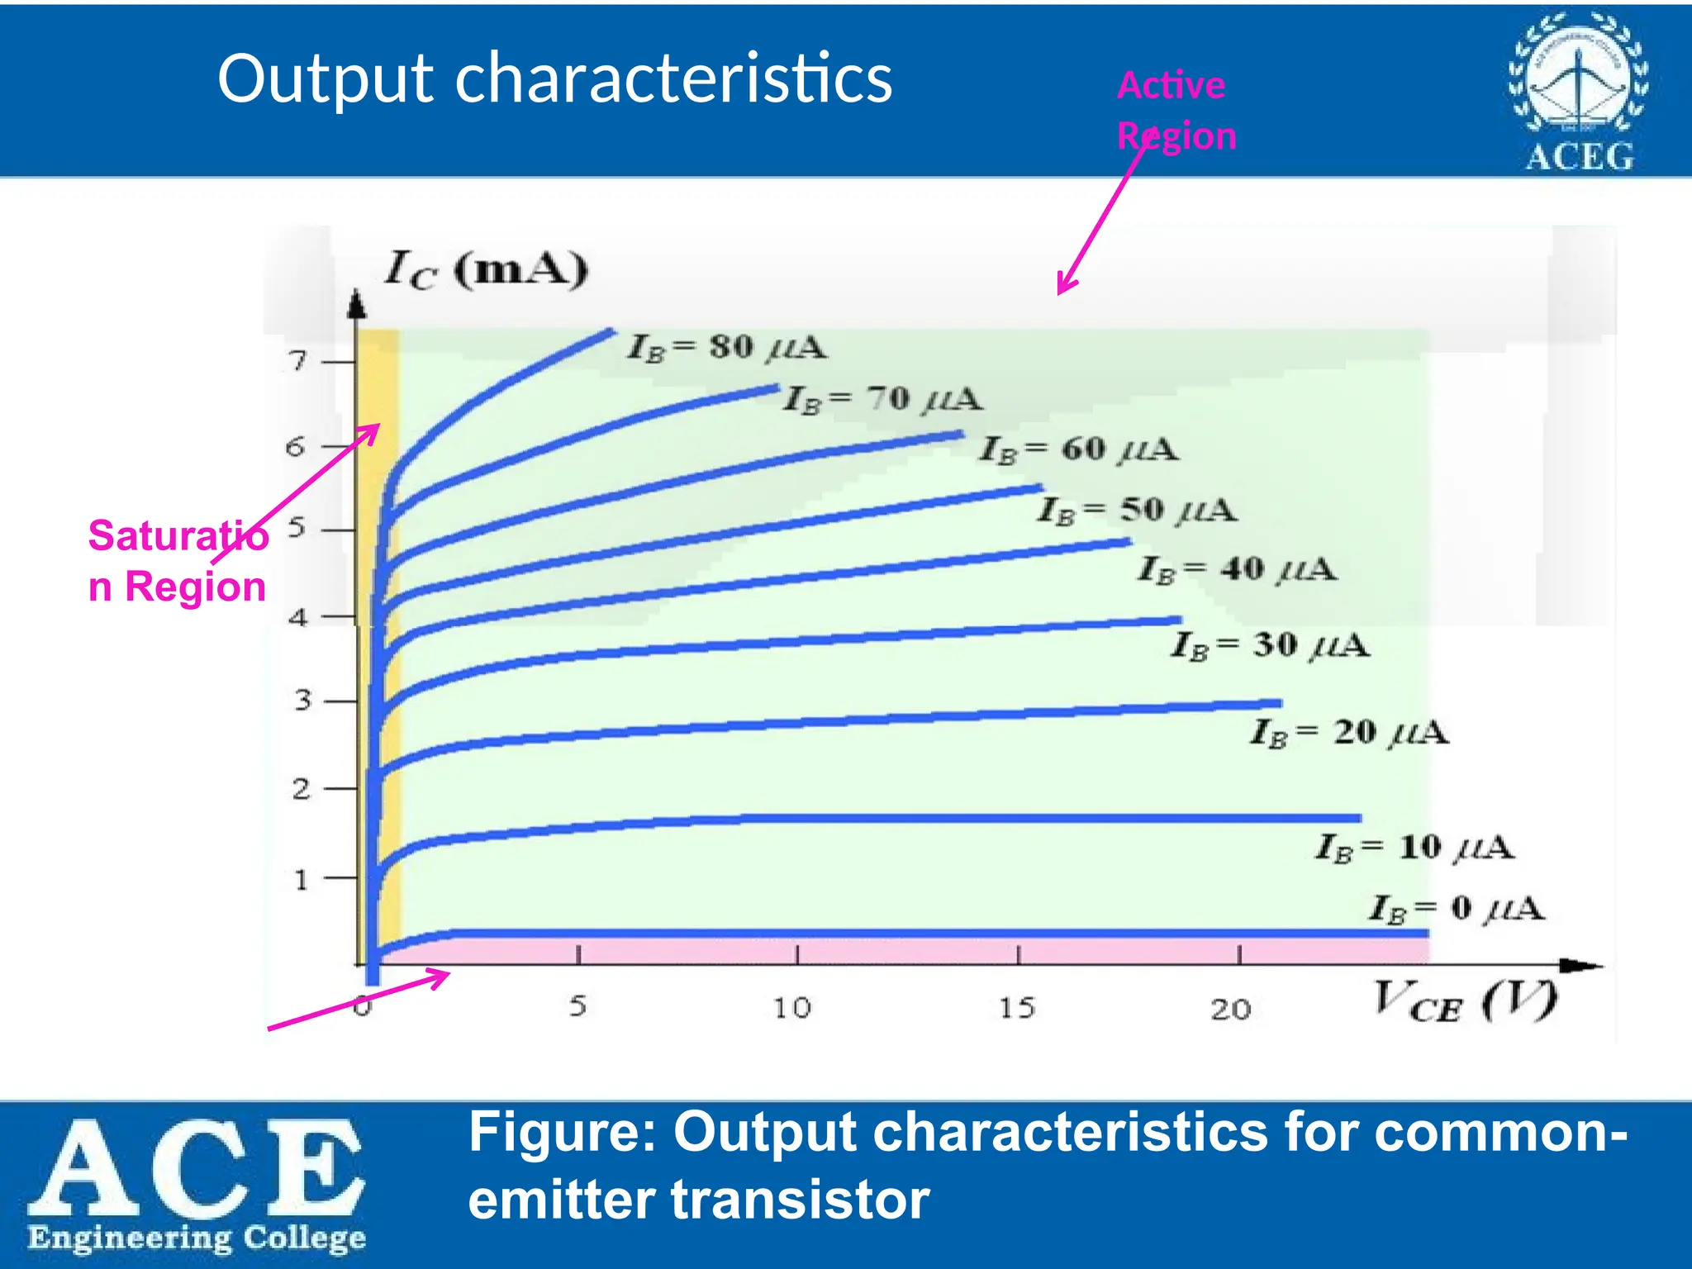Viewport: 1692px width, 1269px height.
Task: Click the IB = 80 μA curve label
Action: tap(727, 347)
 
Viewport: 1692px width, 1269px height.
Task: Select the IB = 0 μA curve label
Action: tap(1457, 909)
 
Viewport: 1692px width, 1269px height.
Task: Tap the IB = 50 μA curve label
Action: tap(1138, 511)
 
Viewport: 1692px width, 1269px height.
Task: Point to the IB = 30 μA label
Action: tap(1270, 645)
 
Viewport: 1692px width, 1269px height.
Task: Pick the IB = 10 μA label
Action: tap(1414, 848)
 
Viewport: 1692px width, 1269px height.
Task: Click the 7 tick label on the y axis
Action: tap(297, 361)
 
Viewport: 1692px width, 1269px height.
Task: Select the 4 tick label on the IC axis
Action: tap(298, 617)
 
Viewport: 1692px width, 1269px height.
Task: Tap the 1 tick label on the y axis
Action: tap(301, 879)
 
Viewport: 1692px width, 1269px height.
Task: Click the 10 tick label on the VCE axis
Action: tap(791, 1008)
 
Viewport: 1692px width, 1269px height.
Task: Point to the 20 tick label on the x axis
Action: tap(1231, 1009)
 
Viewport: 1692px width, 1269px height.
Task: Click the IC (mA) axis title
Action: tap(487, 269)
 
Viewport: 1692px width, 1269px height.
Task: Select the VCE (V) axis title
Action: tap(1464, 1001)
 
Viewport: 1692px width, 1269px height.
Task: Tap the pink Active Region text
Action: tap(1176, 111)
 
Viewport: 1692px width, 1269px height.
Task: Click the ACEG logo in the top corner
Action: tap(1578, 92)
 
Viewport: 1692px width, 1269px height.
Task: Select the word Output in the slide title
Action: tap(326, 78)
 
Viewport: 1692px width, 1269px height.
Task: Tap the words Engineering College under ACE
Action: tap(197, 1238)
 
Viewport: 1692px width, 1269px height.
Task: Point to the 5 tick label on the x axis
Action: tap(577, 1006)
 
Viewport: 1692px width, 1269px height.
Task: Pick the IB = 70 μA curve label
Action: tap(882, 400)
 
